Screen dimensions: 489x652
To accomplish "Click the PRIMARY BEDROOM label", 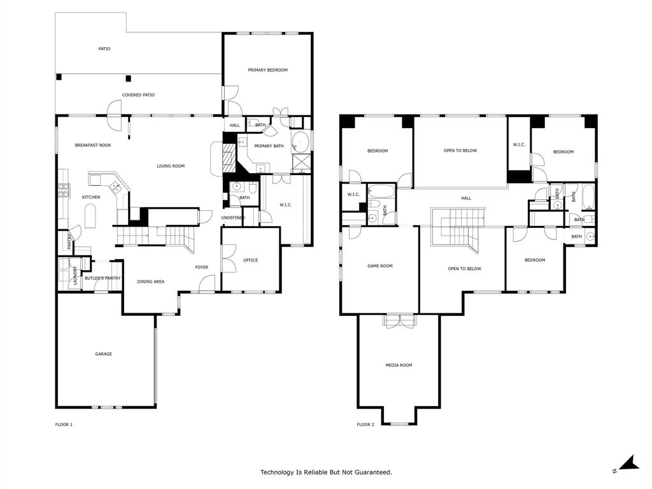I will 267,70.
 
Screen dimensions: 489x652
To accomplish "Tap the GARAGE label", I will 103,354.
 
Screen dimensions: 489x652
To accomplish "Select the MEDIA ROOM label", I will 399,365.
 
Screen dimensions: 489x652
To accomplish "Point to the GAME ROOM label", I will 379,266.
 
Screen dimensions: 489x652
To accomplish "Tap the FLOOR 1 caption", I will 64,425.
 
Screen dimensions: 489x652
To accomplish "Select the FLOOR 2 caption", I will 365,425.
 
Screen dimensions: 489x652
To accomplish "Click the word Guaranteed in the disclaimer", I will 373,472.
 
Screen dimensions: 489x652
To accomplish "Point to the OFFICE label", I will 250,260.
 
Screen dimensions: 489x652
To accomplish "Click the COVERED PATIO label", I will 138,95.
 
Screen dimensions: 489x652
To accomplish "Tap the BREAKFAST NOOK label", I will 93,145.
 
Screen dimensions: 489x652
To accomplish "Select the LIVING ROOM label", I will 171,166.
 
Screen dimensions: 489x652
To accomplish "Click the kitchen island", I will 91,216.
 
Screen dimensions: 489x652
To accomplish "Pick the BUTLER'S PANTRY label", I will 103,278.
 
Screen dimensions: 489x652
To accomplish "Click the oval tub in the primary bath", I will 301,141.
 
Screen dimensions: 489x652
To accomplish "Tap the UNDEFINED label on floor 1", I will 232,218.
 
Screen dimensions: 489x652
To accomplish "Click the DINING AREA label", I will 150,281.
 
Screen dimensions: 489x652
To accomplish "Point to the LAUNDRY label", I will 74,275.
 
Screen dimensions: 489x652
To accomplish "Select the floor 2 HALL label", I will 466,198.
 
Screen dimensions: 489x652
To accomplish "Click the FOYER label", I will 201,267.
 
